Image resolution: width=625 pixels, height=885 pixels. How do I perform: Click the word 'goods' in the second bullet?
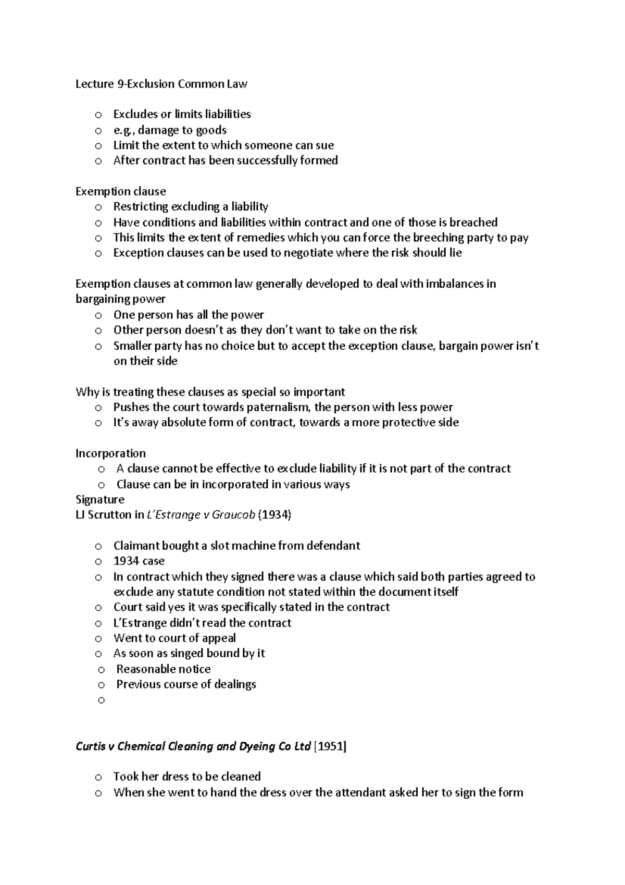211,130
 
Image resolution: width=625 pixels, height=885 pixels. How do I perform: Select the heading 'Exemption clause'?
120,191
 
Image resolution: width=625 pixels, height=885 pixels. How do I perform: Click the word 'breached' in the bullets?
473,222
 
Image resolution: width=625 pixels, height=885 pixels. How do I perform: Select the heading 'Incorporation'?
110,453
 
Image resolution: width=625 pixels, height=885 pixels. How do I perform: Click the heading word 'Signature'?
100,499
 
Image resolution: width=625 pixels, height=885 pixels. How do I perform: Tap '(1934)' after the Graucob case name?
274,515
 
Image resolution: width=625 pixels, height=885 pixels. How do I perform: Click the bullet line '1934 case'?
139,561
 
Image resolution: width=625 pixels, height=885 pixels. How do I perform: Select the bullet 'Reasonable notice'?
163,669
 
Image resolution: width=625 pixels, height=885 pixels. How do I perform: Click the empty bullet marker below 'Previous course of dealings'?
102,700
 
